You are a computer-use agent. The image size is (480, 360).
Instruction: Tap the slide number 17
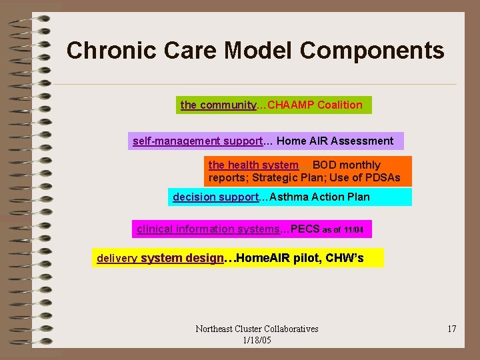point(451,329)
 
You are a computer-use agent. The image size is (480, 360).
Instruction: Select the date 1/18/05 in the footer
point(257,340)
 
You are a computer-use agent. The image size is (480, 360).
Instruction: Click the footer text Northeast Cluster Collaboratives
point(257,329)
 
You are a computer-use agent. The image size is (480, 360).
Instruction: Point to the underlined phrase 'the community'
point(218,105)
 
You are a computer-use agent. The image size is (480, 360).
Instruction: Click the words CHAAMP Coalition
point(315,105)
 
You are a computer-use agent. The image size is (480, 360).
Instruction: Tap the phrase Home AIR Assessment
point(335,141)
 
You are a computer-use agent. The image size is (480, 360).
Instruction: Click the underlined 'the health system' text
point(253,165)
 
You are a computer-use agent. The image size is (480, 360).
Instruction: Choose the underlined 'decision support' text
point(215,197)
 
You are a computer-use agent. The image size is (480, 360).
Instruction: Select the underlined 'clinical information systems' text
point(208,229)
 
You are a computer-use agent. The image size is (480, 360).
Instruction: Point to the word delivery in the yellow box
point(117,259)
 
